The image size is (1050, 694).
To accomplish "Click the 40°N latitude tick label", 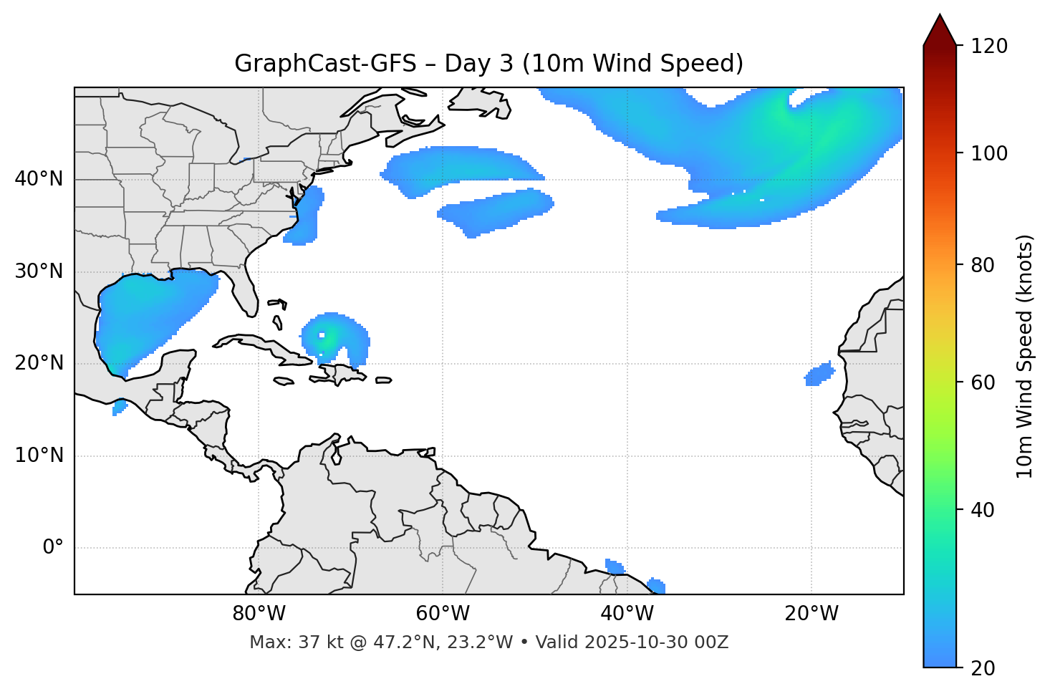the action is click(39, 179).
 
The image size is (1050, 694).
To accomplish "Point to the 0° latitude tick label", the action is click(53, 548).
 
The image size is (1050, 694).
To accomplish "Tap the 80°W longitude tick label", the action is click(259, 614).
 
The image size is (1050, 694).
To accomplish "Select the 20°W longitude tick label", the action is click(811, 614).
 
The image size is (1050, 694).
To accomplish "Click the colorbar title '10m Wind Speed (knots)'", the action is click(1025, 356).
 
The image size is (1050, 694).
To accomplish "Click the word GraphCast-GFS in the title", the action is click(325, 64).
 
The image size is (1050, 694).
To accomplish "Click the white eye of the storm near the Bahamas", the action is click(322, 334).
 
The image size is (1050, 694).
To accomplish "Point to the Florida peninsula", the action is click(246, 294).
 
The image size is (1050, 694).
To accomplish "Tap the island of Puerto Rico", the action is click(383, 380).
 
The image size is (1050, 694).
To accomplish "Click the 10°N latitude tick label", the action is click(39, 456).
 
